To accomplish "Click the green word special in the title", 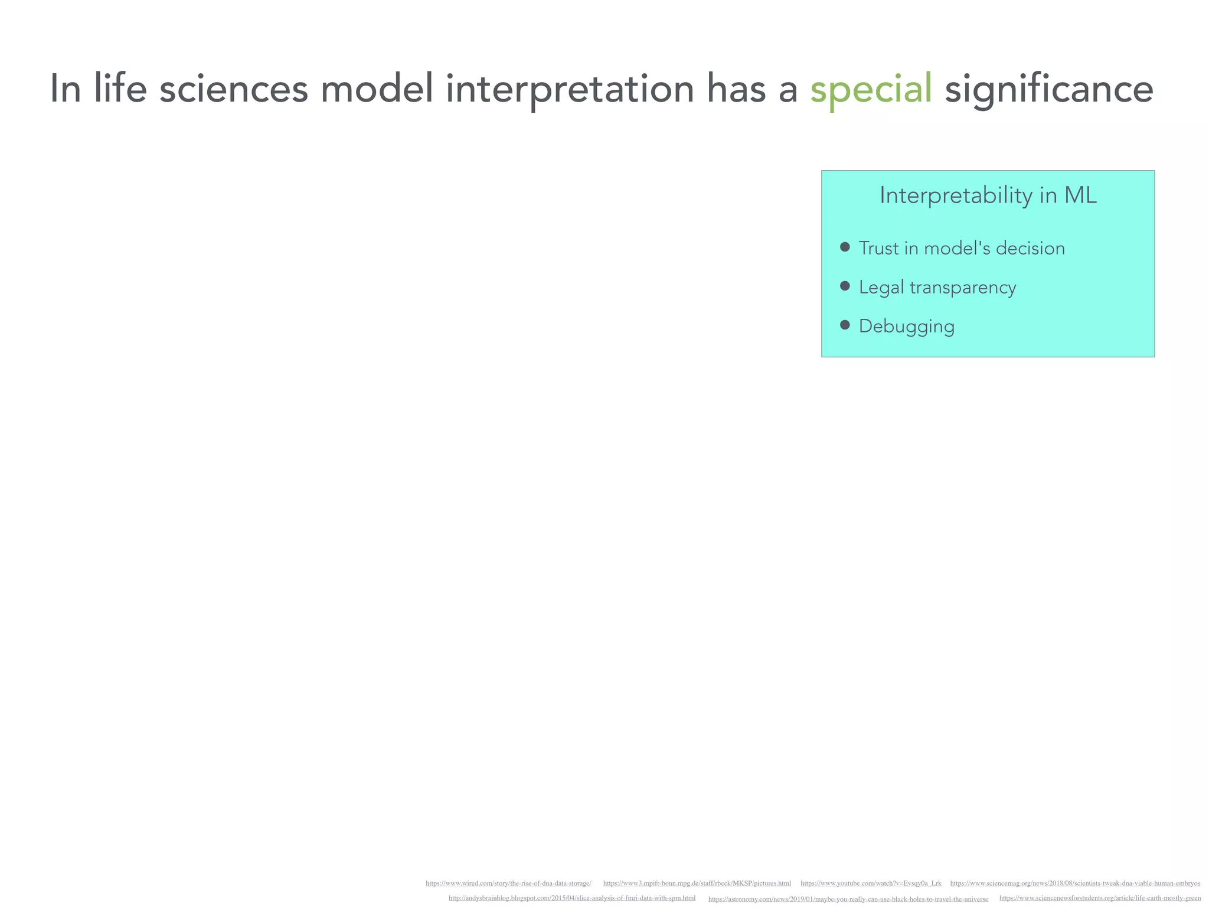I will pyautogui.click(x=871, y=90).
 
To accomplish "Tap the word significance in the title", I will pyautogui.click(x=1048, y=90).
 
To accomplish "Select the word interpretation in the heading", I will pyautogui.click(x=570, y=90).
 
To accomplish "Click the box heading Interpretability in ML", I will pyautogui.click(x=988, y=195).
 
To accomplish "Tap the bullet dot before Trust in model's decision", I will pyautogui.click(x=845, y=247).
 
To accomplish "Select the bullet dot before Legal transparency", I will pyautogui.click(x=845, y=286).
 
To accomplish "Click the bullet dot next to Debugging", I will pyautogui.click(x=845, y=325).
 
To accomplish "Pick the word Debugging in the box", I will pyautogui.click(x=906, y=327).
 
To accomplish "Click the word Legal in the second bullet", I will pyautogui.click(x=881, y=288).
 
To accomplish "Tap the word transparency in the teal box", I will pyautogui.click(x=962, y=288).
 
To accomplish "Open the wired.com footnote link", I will pyautogui.click(x=508, y=883).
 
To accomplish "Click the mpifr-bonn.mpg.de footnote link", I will pyautogui.click(x=697, y=883).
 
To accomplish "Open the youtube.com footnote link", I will pyautogui.click(x=871, y=883).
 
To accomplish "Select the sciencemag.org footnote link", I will pyautogui.click(x=1074, y=883).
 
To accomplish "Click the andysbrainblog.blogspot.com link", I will pyautogui.click(x=571, y=898).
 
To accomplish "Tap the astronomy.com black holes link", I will pyautogui.click(x=848, y=899).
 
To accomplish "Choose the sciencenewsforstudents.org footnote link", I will pyautogui.click(x=1100, y=898).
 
